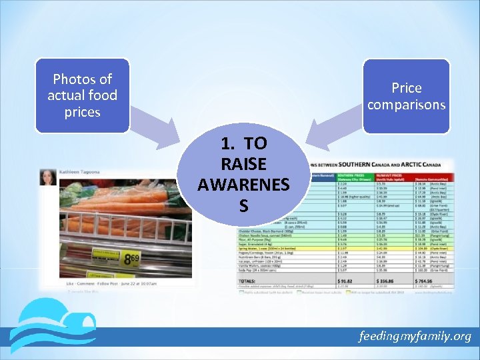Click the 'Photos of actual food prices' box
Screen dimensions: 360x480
[x=82, y=95]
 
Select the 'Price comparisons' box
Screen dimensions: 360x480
[x=407, y=96]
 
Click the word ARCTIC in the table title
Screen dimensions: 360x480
[x=413, y=164]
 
